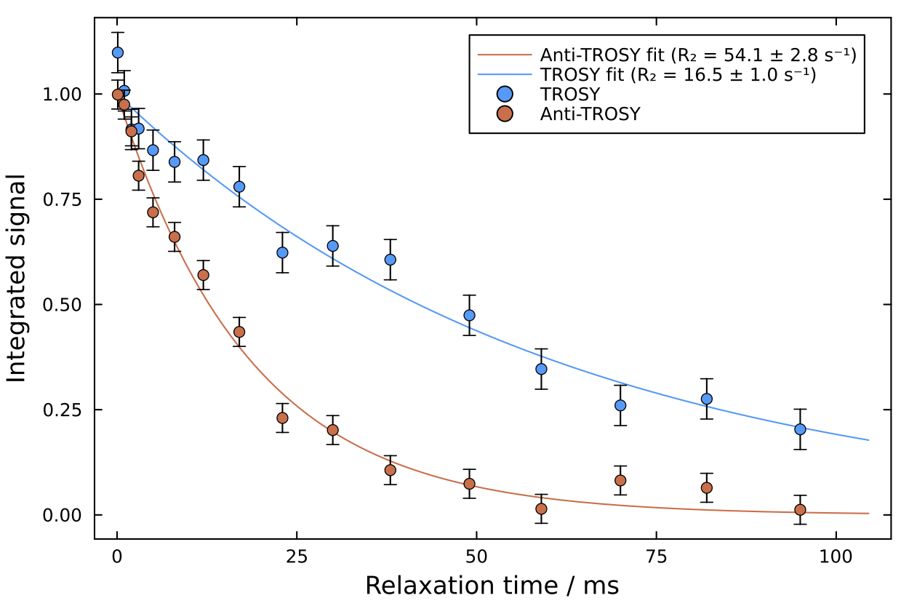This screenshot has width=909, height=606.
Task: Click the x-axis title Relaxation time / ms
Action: click(492, 585)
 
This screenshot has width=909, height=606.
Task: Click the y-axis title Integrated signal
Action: click(17, 278)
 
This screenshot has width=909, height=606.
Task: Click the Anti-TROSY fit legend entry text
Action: click(697, 55)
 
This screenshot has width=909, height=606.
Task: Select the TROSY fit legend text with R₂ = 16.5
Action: click(678, 75)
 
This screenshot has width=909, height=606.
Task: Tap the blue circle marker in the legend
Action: click(503, 94)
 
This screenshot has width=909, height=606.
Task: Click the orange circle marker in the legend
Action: click(503, 113)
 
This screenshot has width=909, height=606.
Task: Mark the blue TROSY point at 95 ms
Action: click(800, 429)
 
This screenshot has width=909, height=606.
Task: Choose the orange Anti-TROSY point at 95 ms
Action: click(800, 509)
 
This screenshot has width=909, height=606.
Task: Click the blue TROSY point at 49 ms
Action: click(469, 315)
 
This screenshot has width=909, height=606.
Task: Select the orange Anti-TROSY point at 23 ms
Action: click(282, 418)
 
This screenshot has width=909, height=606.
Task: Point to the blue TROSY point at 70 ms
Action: click(620, 405)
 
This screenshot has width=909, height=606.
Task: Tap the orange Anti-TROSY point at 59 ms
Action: click(541, 509)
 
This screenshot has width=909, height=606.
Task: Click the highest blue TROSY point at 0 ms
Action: click(118, 52)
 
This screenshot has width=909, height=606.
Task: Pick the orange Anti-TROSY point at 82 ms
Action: click(706, 487)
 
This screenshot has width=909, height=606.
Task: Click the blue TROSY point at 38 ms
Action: click(391, 260)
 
